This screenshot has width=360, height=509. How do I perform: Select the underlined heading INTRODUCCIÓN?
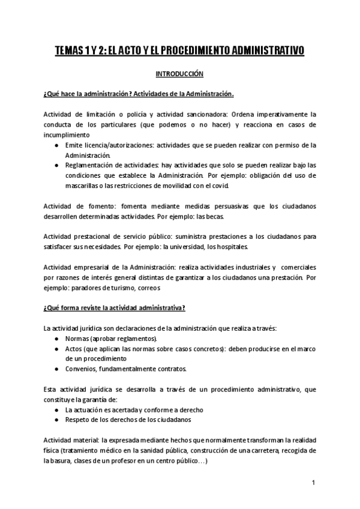(180, 74)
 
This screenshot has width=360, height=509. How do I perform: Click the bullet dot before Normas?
(56, 339)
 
